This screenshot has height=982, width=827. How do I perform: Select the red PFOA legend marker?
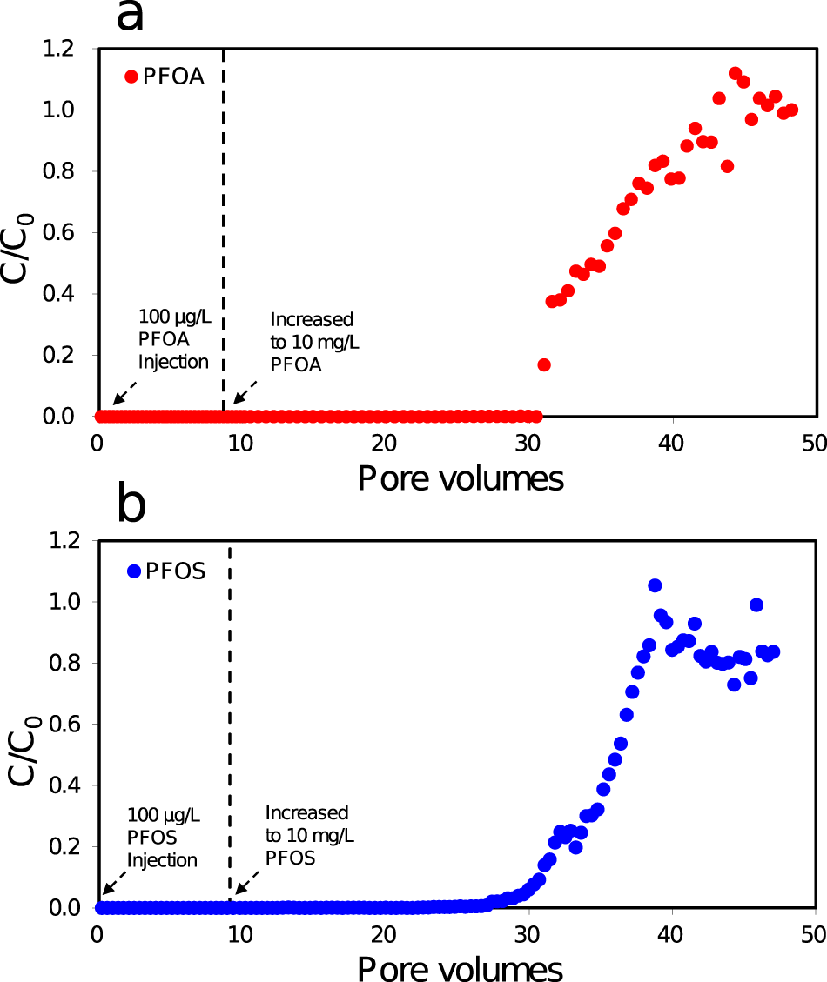tap(131, 77)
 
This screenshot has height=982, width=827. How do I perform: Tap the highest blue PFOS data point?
tap(655, 585)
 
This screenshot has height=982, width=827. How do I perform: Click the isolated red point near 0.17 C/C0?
tap(544, 364)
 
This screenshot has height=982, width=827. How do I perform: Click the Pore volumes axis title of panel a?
tap(460, 478)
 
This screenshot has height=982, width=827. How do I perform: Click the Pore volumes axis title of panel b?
tap(460, 966)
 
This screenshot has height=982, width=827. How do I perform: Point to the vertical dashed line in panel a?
tap(224, 217)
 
